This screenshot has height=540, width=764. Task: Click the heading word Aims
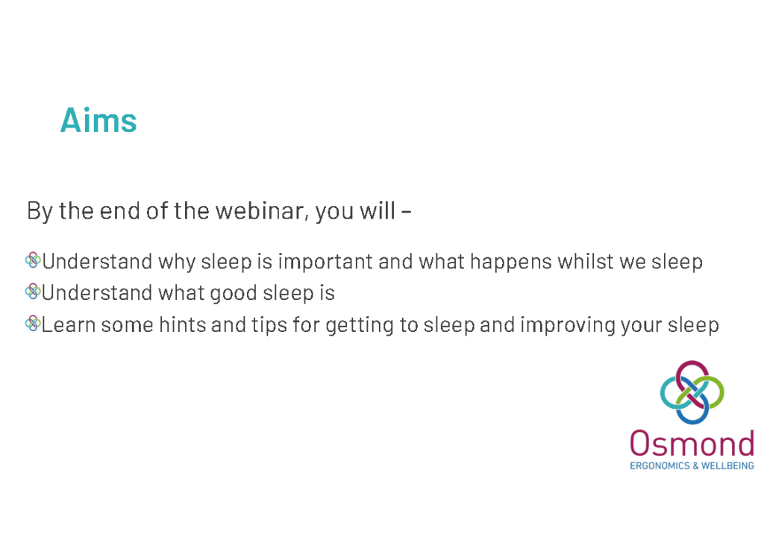(98, 121)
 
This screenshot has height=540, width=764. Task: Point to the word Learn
(69, 325)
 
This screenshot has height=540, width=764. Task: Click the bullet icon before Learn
(33, 324)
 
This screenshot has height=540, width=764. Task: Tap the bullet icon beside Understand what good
(33, 292)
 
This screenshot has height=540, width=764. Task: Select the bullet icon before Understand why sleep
(33, 260)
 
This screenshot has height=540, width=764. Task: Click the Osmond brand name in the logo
(692, 444)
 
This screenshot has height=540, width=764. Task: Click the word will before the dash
(378, 211)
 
